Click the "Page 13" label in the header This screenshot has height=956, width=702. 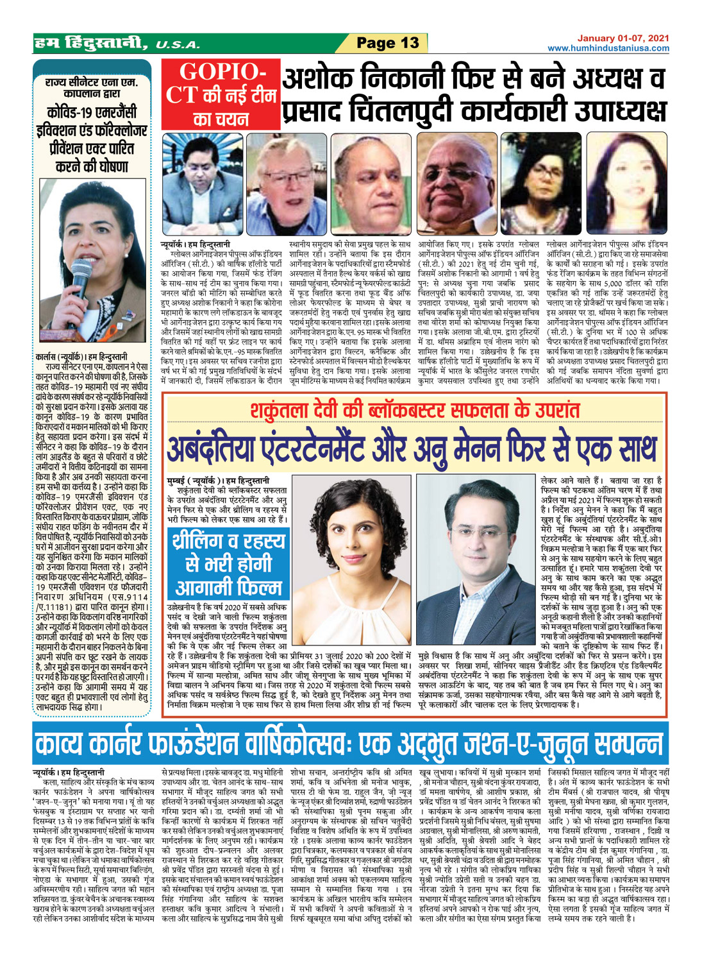[387, 44]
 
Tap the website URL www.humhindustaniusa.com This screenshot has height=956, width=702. [608, 48]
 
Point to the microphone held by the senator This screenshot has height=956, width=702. [81, 275]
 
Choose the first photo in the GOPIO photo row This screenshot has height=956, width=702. [202, 185]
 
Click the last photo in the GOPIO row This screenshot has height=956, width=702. [626, 185]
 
